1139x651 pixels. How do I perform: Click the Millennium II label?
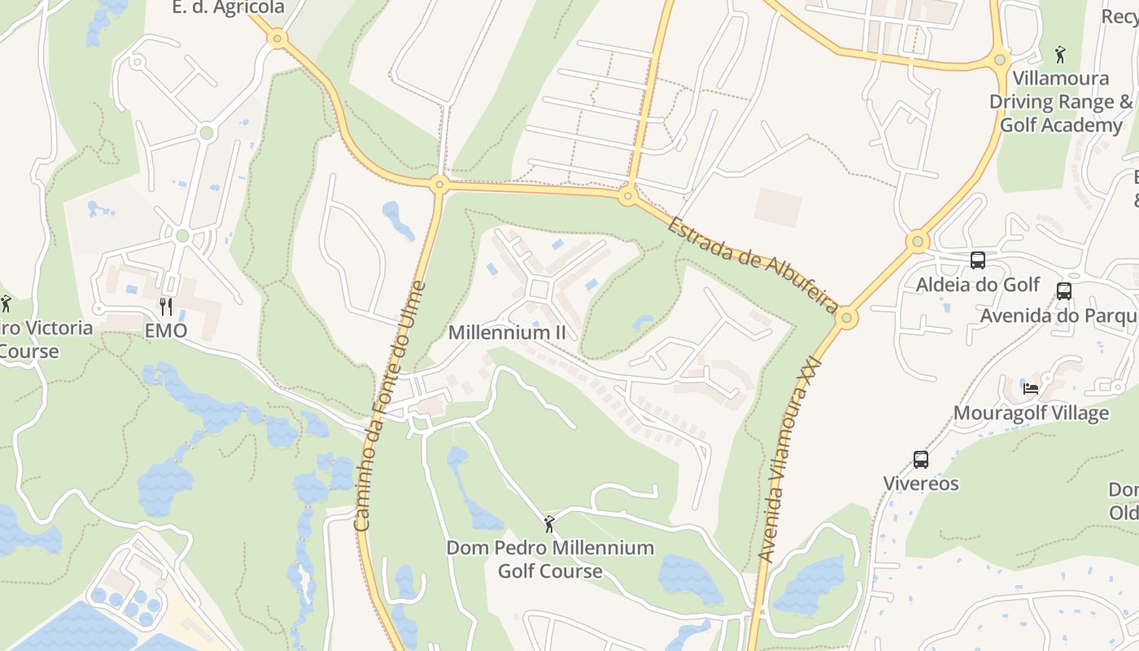(x=507, y=333)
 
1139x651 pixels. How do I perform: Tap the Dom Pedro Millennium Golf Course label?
(x=550, y=559)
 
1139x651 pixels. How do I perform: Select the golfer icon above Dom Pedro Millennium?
(x=549, y=524)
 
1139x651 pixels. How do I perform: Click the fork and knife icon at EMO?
(x=166, y=307)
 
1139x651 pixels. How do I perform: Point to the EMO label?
(x=166, y=331)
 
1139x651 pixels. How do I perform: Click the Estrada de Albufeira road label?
(x=753, y=264)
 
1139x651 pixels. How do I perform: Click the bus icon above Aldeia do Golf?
(x=978, y=260)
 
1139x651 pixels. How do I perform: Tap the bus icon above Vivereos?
(x=921, y=460)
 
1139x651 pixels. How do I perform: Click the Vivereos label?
(x=921, y=483)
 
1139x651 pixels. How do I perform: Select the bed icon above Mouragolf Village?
(x=1031, y=388)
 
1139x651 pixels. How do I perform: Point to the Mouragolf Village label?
(x=1031, y=413)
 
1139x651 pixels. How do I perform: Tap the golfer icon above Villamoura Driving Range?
(x=1060, y=55)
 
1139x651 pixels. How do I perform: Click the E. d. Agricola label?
(x=229, y=8)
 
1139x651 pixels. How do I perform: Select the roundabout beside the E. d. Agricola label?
(x=277, y=38)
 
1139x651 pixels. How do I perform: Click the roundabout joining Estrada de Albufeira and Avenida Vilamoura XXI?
(x=847, y=317)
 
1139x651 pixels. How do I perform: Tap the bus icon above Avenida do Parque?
(x=1063, y=291)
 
